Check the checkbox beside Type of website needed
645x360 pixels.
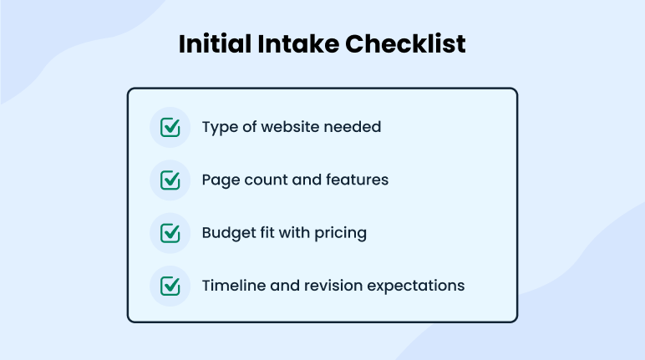click(x=170, y=128)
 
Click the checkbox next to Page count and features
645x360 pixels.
click(x=170, y=180)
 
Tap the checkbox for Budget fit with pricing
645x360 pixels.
click(x=170, y=233)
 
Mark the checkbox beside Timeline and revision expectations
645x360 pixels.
click(x=170, y=286)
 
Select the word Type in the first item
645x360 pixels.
click(x=219, y=128)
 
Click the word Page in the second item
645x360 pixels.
click(x=219, y=180)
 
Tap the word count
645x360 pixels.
click(x=265, y=180)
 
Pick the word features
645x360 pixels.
click(x=358, y=180)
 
